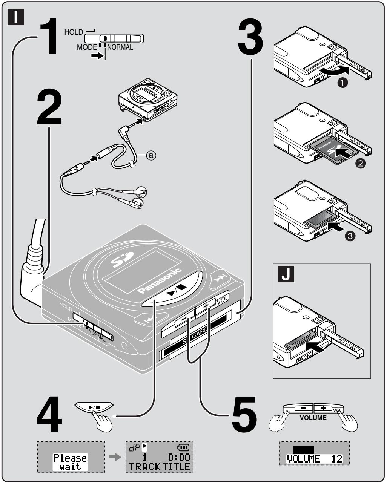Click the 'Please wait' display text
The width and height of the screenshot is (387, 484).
point(70,462)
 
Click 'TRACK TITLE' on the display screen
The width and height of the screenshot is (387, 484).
point(159,467)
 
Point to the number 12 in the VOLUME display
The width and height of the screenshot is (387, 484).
point(338,459)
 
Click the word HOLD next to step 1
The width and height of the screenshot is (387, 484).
point(73,32)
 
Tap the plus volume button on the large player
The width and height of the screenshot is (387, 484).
point(206,307)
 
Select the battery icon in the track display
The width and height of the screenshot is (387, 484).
point(184,447)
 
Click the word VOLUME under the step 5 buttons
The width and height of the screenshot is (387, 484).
point(313,418)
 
